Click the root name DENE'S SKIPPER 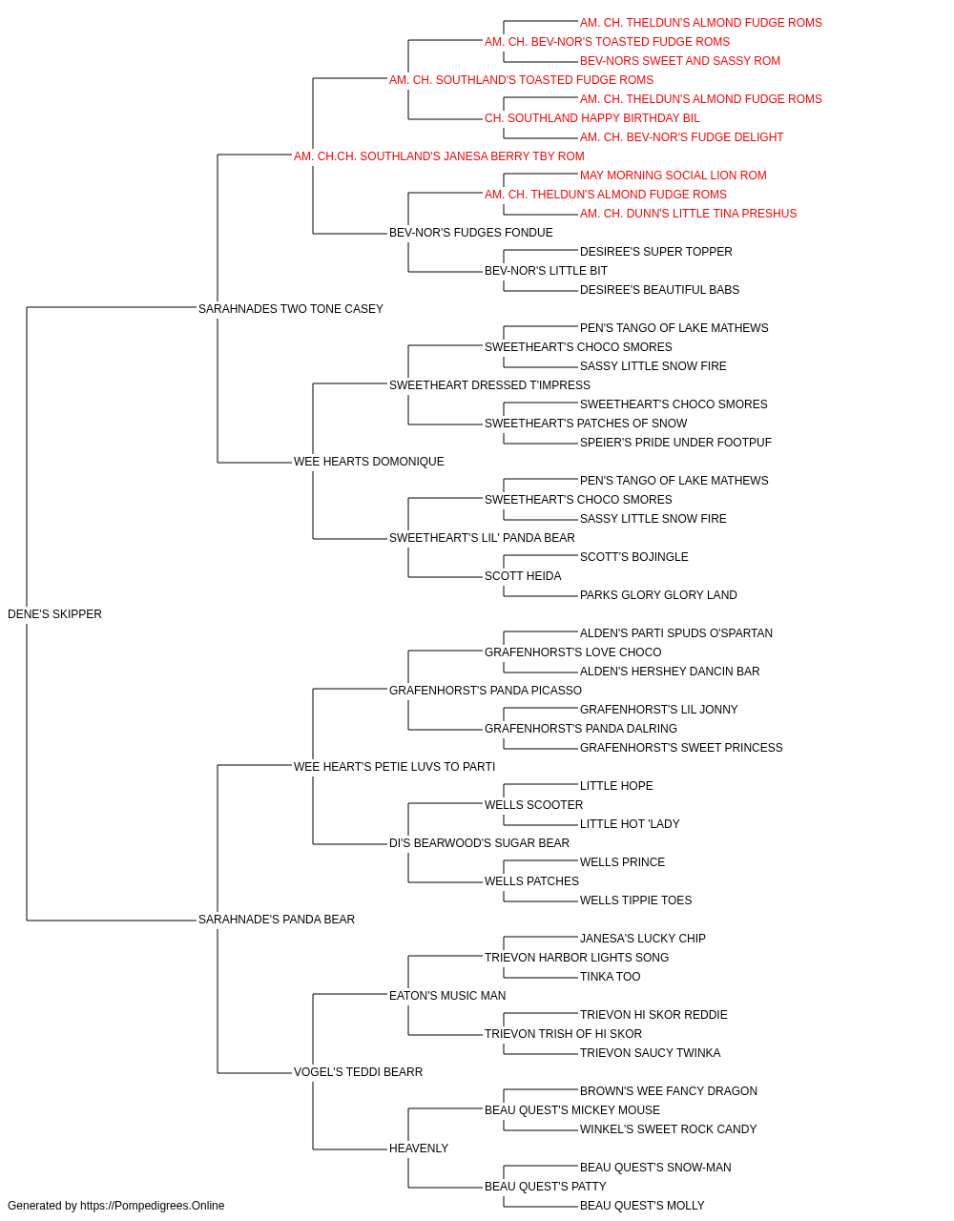54,614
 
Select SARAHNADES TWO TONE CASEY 290,309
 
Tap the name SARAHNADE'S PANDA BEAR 277,920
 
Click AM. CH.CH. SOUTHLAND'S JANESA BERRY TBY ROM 439,156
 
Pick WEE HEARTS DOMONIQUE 368,462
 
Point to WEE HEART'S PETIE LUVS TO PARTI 394,767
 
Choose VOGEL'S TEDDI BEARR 358,1072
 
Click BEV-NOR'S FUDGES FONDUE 471,233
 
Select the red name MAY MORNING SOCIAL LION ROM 674,176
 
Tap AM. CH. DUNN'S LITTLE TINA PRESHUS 688,214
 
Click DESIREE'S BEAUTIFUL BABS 659,290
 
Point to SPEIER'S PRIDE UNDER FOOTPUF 675,443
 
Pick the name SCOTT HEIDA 523,576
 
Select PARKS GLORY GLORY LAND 658,595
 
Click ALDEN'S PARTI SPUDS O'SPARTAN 675,633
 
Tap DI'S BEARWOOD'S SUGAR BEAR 479,843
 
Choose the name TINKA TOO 611,977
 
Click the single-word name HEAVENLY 419,1149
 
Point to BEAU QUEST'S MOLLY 642,1206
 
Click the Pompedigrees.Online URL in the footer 153,1206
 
